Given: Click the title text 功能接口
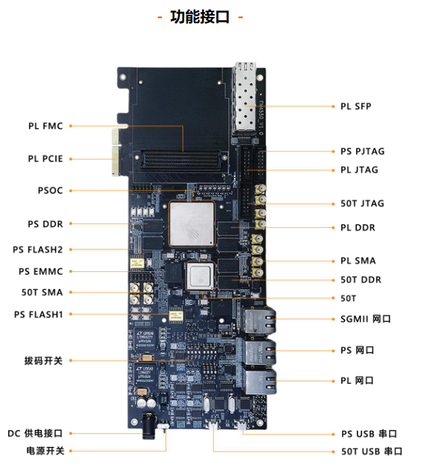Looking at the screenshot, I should (200, 17).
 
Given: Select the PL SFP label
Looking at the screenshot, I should (355, 106).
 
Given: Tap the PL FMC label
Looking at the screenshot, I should (45, 125).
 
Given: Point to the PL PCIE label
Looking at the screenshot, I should (45, 159).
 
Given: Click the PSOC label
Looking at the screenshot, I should (50, 191).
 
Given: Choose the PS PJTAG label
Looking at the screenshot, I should (362, 151).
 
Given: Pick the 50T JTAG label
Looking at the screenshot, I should (362, 203).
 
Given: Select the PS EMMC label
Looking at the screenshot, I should (41, 271).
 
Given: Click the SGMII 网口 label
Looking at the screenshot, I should (366, 319).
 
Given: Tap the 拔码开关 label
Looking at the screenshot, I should (43, 361).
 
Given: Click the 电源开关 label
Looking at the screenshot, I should (45, 450).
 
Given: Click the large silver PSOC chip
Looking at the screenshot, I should (191, 224).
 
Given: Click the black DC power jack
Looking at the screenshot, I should (151, 427).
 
